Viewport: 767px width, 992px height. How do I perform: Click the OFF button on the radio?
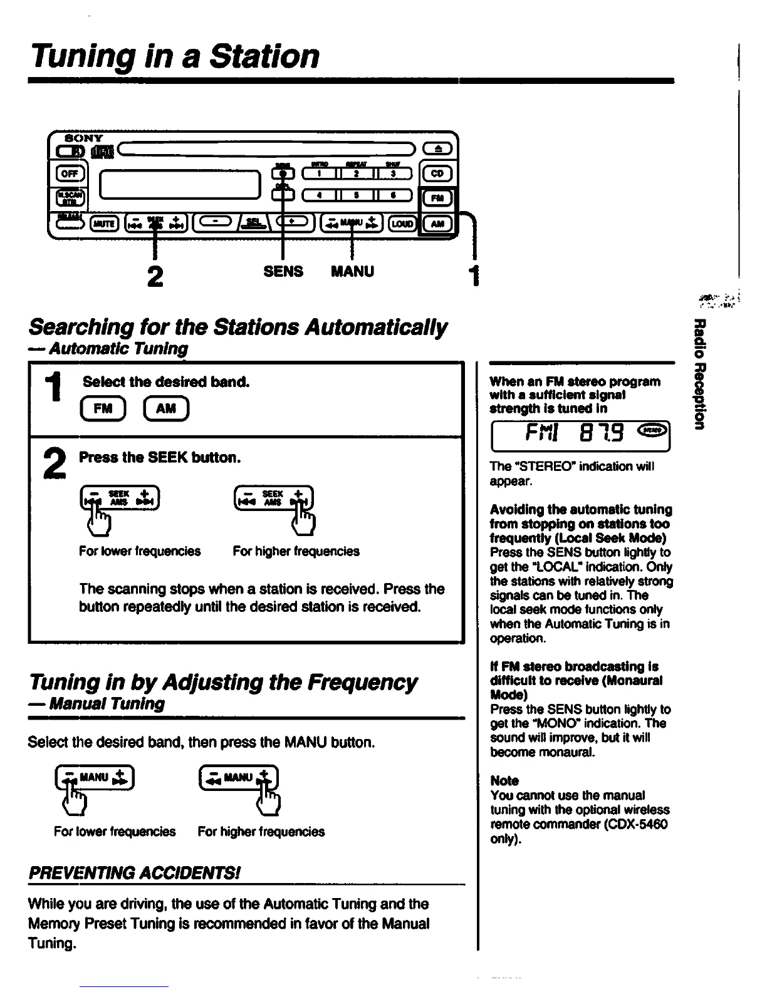66,174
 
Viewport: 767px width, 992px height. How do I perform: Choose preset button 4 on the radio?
320,195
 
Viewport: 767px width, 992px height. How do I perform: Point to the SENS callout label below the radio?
283,271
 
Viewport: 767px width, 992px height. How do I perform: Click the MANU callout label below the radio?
352,271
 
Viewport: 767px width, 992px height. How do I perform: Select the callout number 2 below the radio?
155,276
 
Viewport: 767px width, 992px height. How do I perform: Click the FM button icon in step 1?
103,408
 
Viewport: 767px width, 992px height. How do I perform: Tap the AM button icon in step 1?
165,408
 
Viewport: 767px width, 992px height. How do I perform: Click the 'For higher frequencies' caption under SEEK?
296,551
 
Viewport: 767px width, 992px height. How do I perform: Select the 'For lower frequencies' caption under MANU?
115,832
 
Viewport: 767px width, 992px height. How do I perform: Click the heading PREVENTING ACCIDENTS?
135,873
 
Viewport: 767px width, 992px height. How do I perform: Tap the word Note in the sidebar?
504,780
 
